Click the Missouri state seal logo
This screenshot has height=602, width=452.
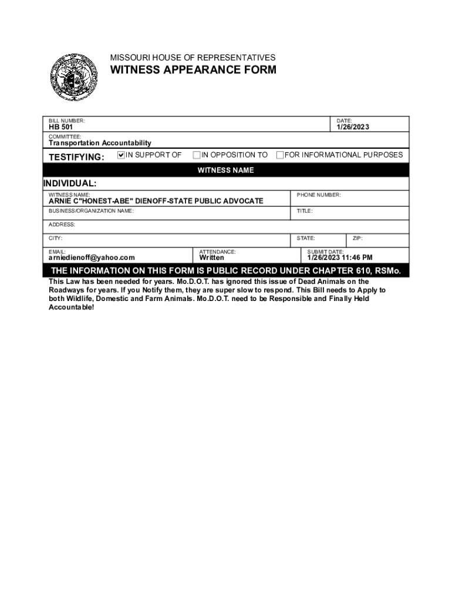tap(74, 77)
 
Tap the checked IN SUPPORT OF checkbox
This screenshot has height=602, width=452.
tap(122, 155)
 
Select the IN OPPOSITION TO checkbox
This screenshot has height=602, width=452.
tap(197, 155)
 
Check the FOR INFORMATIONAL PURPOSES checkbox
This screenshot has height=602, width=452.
tap(280, 155)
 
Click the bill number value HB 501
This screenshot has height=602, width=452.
tap(61, 128)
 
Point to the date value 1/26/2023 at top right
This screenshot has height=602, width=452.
tap(353, 128)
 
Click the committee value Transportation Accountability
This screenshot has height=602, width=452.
tap(100, 143)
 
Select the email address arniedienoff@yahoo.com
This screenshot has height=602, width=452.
tap(92, 257)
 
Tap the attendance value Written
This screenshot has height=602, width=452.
tap(212, 257)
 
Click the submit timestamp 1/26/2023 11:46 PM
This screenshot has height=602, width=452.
tap(340, 257)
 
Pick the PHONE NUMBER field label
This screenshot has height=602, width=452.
tap(319, 195)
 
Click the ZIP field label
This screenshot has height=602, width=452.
tap(357, 238)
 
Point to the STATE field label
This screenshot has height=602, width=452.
tap(306, 238)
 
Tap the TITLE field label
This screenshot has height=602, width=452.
tap(305, 210)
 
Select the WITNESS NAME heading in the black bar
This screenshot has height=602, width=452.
tap(225, 170)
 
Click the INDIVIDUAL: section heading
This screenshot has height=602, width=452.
tap(70, 183)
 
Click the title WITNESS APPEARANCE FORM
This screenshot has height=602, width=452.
tap(194, 71)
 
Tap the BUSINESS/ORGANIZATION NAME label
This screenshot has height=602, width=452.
tap(91, 210)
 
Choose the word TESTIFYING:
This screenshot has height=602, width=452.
tap(76, 157)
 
